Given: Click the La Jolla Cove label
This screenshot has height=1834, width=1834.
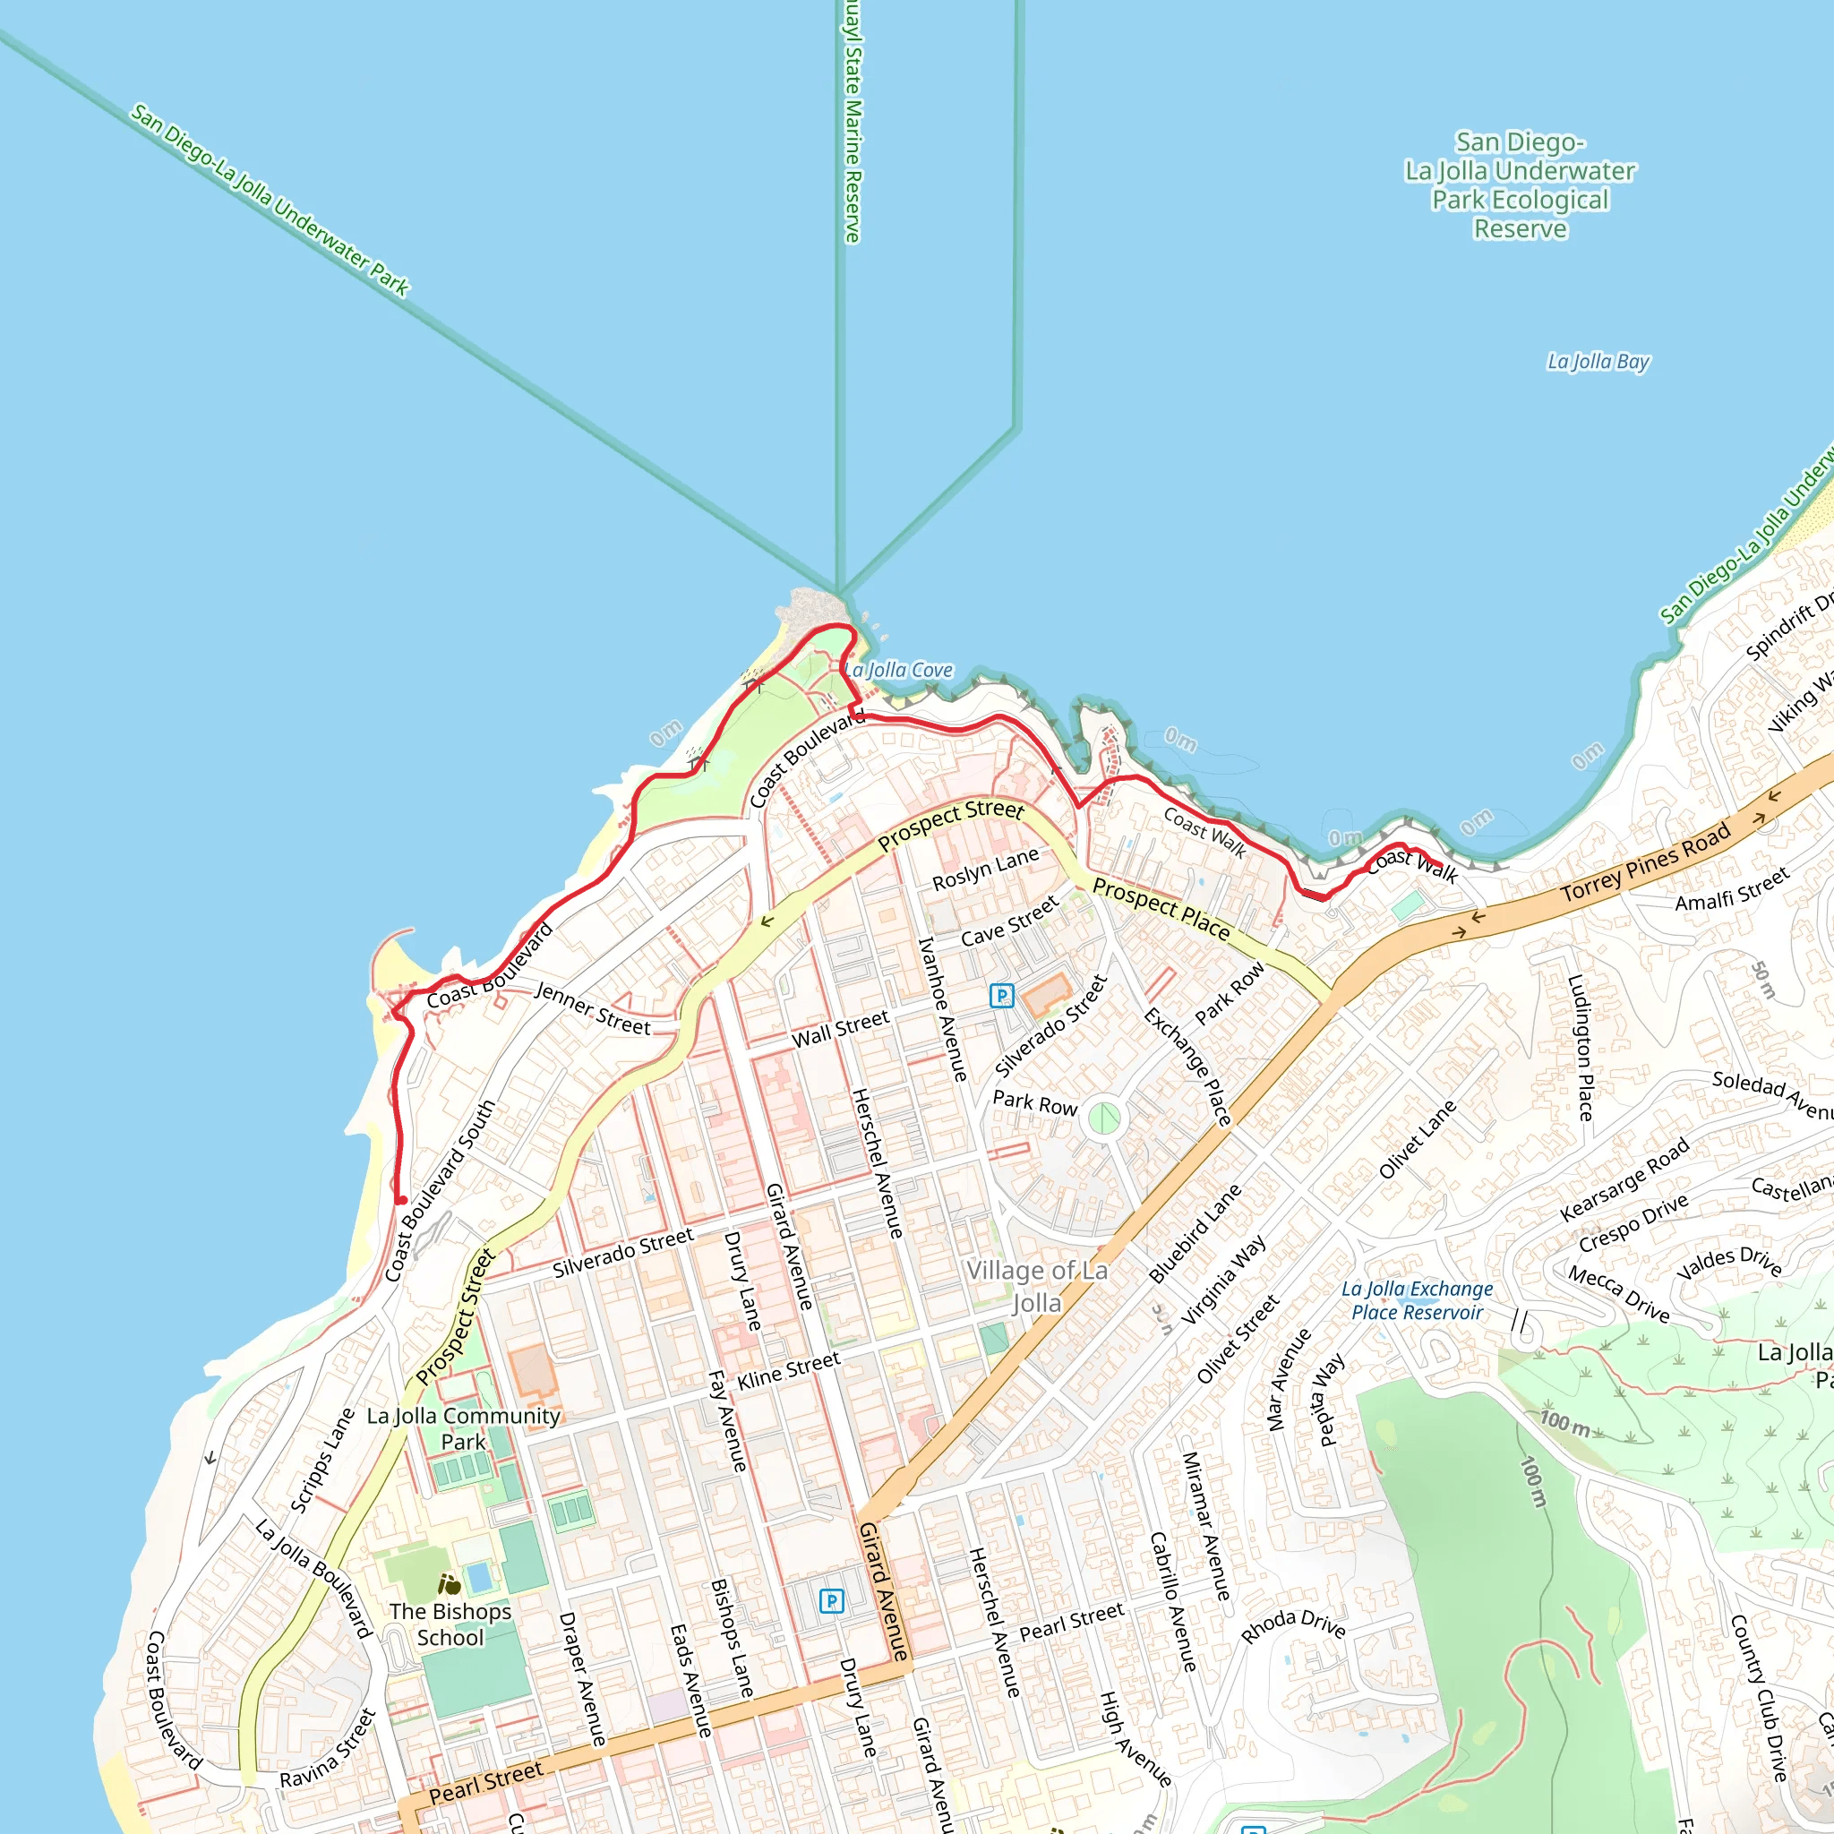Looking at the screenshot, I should click(899, 670).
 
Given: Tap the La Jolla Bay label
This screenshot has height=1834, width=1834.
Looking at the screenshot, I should click(1598, 362).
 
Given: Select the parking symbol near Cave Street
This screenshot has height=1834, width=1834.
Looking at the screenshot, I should click(1001, 996).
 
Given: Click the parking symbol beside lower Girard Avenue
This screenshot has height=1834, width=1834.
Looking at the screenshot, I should click(831, 1601).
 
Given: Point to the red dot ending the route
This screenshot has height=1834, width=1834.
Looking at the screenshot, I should click(401, 1201).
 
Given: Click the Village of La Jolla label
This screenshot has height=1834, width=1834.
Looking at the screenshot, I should click(1036, 1286).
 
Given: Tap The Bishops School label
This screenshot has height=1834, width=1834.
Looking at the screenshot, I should click(450, 1624).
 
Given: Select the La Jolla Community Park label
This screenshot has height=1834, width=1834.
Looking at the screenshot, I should click(463, 1428).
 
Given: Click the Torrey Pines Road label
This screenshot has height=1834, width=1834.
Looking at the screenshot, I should click(1646, 863).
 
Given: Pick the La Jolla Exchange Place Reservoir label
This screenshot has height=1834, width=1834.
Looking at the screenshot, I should click(1417, 1300).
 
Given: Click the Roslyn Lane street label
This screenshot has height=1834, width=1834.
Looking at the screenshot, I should click(985, 870).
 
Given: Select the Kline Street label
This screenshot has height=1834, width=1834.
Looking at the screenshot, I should click(789, 1371).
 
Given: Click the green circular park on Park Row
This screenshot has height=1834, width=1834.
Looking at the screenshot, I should click(1102, 1118).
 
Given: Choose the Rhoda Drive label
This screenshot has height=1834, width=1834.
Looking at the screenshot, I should click(1293, 1625).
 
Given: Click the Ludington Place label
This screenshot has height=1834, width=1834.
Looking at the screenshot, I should click(1580, 1047).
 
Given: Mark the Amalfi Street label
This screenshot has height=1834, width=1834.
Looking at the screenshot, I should click(1732, 889).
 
